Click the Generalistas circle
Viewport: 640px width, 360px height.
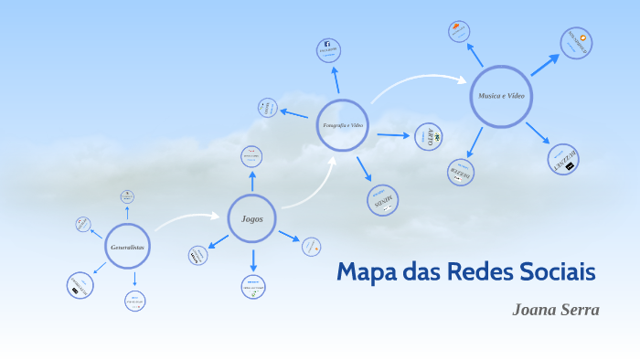(x=127, y=247)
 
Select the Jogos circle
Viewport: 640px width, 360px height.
(x=251, y=218)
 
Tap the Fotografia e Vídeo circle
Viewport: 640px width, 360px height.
(x=343, y=125)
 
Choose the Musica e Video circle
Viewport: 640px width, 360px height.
(x=501, y=96)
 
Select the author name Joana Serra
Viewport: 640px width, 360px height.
(x=555, y=310)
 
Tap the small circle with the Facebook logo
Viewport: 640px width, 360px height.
(x=327, y=48)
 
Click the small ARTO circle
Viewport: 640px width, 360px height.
(x=428, y=137)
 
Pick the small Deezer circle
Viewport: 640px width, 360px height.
(x=461, y=172)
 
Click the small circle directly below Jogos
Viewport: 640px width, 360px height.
(x=253, y=287)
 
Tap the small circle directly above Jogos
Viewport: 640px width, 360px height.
(x=252, y=157)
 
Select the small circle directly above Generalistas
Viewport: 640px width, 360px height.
(x=127, y=196)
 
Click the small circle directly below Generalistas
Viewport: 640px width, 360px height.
(x=134, y=301)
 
